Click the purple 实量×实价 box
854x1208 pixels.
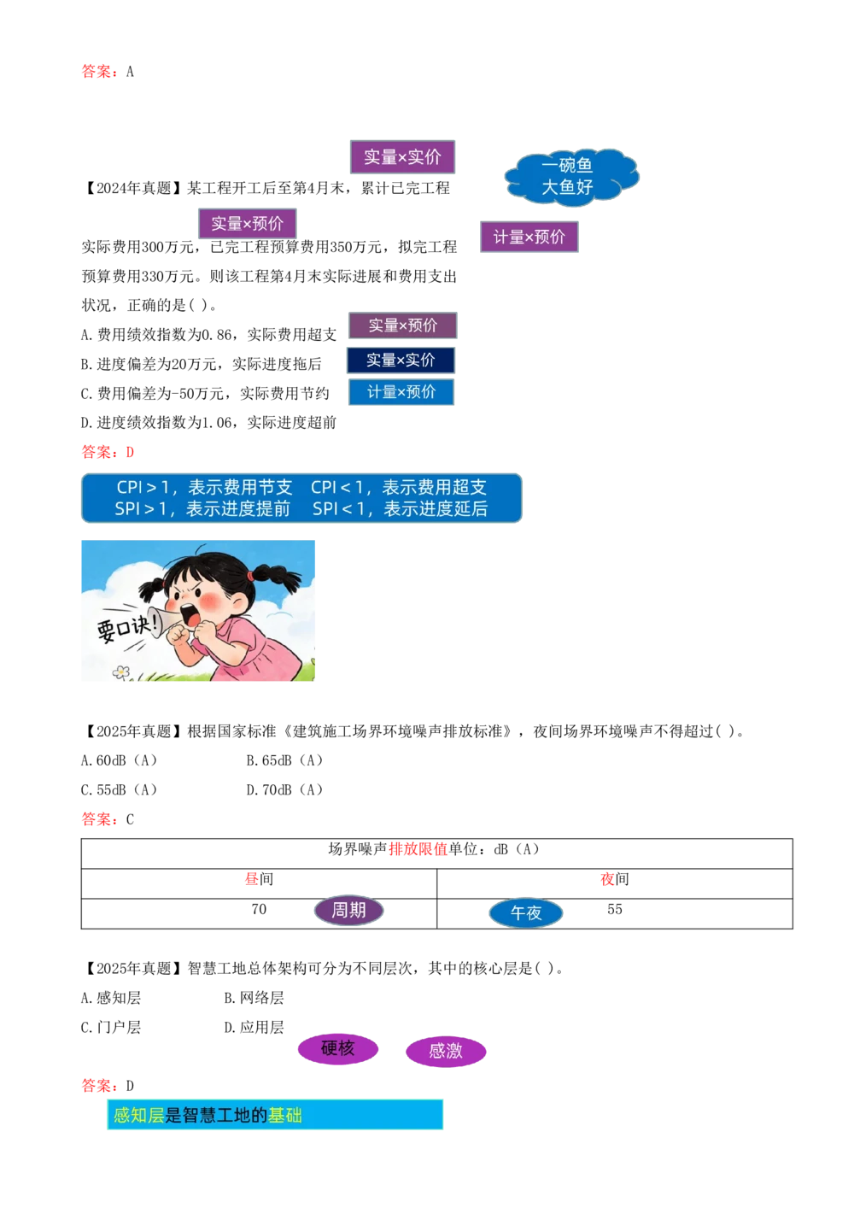click(402, 157)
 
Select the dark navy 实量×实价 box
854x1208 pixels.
click(401, 360)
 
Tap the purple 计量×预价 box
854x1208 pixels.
click(529, 237)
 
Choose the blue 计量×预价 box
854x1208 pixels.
click(401, 392)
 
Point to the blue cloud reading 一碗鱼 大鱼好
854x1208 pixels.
click(569, 176)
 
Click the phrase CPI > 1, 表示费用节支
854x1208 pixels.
click(204, 487)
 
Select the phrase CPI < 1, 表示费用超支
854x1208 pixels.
click(398, 487)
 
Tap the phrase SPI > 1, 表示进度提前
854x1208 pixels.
click(202, 509)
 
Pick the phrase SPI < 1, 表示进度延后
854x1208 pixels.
click(400, 509)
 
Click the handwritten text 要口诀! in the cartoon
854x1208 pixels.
click(126, 628)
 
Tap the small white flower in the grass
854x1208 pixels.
click(121, 672)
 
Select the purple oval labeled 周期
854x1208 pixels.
click(348, 911)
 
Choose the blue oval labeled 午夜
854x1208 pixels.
click(525, 913)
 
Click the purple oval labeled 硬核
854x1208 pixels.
click(337, 1048)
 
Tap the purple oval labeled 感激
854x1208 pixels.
click(445, 1051)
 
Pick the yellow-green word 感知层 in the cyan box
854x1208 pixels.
click(138, 1115)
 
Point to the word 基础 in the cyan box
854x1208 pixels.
click(284, 1115)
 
